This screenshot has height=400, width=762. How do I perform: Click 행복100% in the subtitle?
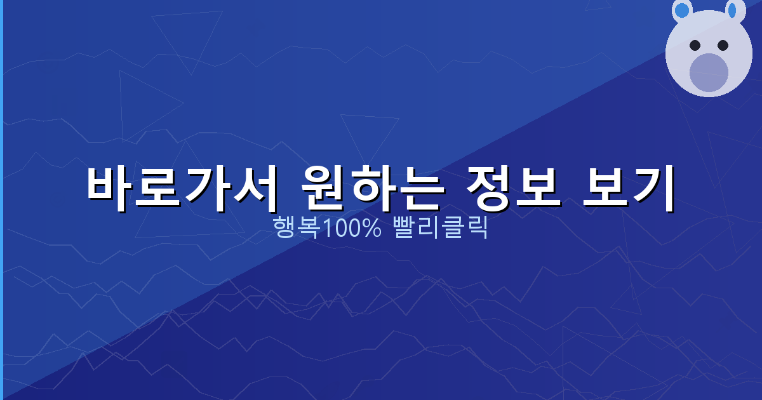tap(326, 227)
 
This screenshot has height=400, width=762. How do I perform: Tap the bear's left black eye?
tap(695, 45)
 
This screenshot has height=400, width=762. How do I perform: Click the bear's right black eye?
tap(723, 45)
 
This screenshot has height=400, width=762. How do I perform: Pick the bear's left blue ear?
tap(682, 10)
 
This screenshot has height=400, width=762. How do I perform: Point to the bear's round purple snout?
tap(709, 72)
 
